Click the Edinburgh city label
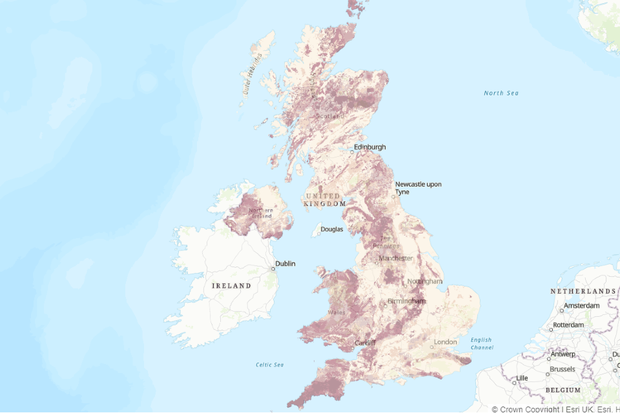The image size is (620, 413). click(x=369, y=147)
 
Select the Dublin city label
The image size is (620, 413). click(x=285, y=263)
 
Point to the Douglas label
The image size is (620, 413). click(x=332, y=229)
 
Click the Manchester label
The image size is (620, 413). click(x=395, y=258)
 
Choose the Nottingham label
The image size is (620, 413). click(x=425, y=281)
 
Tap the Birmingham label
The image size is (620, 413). click(x=406, y=301)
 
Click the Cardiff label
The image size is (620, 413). click(x=365, y=343)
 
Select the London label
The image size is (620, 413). click(x=446, y=342)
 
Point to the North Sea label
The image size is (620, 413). click(x=501, y=94)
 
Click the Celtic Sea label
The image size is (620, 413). click(x=269, y=365)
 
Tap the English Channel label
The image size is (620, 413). click(x=481, y=344)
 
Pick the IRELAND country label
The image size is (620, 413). click(x=231, y=285)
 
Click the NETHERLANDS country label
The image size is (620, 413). click(x=583, y=292)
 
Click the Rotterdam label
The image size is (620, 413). click(x=568, y=325)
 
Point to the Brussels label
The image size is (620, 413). click(x=562, y=370)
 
